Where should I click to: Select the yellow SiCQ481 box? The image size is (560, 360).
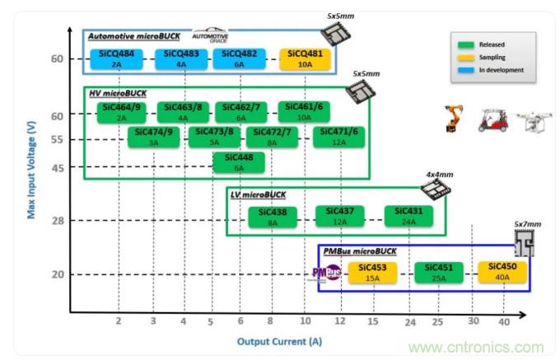click(x=305, y=58)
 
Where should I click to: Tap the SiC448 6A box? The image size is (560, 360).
click(x=239, y=162)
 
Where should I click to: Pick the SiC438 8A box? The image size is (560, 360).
click(x=273, y=217)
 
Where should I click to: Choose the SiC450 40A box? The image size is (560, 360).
click(x=502, y=272)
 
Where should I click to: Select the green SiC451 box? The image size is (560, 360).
click(x=439, y=272)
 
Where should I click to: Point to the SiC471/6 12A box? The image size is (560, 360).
click(x=338, y=137)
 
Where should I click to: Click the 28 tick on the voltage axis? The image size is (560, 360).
click(x=57, y=221)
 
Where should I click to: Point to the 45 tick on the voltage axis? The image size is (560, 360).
click(x=57, y=168)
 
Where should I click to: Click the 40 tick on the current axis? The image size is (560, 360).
click(x=504, y=321)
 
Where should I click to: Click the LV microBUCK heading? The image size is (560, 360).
click(x=259, y=194)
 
